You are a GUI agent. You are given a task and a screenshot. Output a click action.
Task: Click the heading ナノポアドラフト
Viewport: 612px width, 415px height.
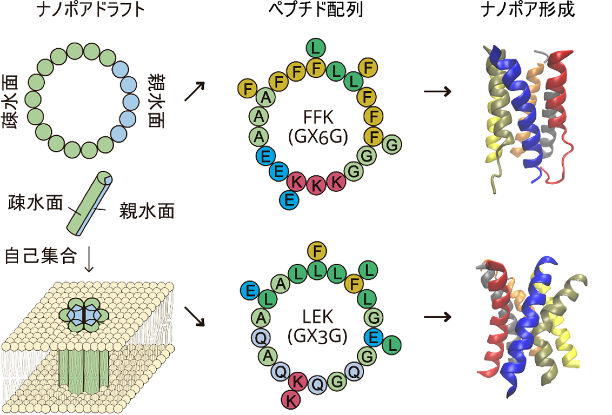point(91,10)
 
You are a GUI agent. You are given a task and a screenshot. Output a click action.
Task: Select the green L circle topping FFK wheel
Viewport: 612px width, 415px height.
point(316,48)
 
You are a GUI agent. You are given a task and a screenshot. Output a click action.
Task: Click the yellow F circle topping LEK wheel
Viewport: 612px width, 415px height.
point(317,251)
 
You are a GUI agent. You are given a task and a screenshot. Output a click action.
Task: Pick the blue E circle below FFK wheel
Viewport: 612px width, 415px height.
point(289,200)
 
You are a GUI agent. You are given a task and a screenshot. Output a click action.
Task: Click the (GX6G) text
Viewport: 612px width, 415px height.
point(318,137)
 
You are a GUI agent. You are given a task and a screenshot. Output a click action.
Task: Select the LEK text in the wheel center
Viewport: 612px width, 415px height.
point(317,316)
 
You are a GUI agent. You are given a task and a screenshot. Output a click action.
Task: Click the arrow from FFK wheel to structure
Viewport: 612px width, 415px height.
point(437,92)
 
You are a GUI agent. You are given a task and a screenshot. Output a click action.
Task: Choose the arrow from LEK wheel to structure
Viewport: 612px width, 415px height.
point(437,317)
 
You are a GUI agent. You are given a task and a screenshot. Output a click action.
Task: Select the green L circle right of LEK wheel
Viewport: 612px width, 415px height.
point(392,345)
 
